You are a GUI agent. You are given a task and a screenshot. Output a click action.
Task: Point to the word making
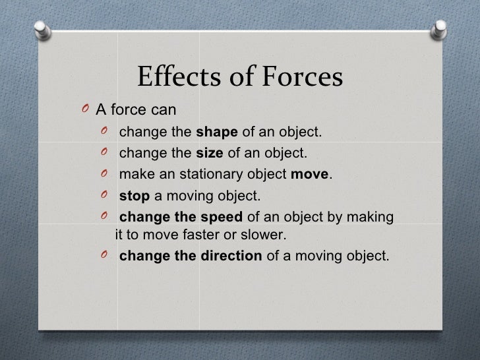coord(374,218)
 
